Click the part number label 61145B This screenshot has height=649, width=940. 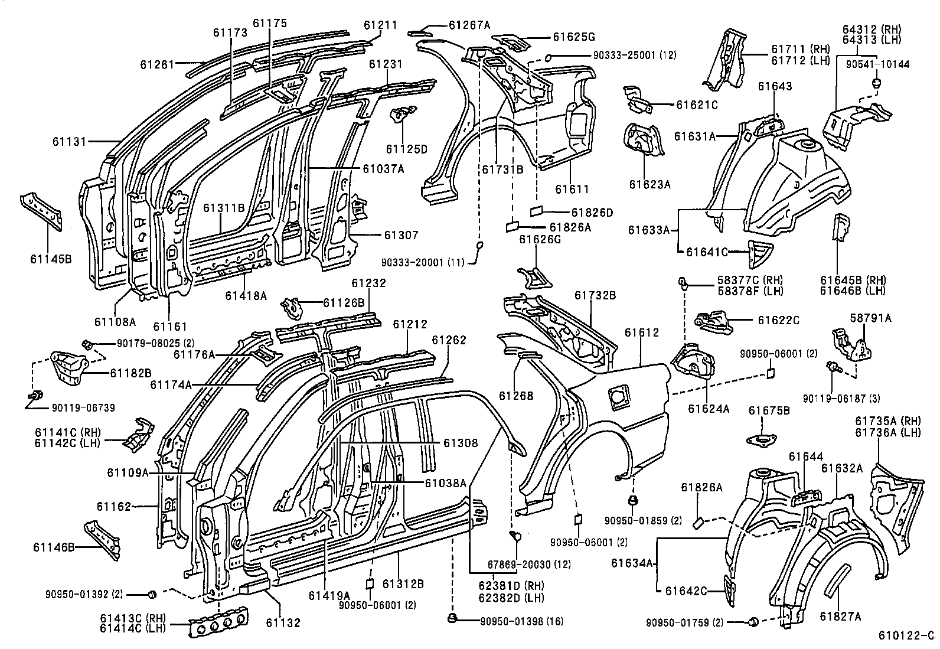tap(51, 258)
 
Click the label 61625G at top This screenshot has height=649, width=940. tap(573, 37)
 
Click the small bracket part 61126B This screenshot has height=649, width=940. tap(293, 305)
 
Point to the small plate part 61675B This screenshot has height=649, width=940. tap(762, 439)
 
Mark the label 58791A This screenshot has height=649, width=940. tap(870, 318)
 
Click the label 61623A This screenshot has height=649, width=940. tap(649, 184)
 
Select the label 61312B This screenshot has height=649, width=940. tap(403, 584)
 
